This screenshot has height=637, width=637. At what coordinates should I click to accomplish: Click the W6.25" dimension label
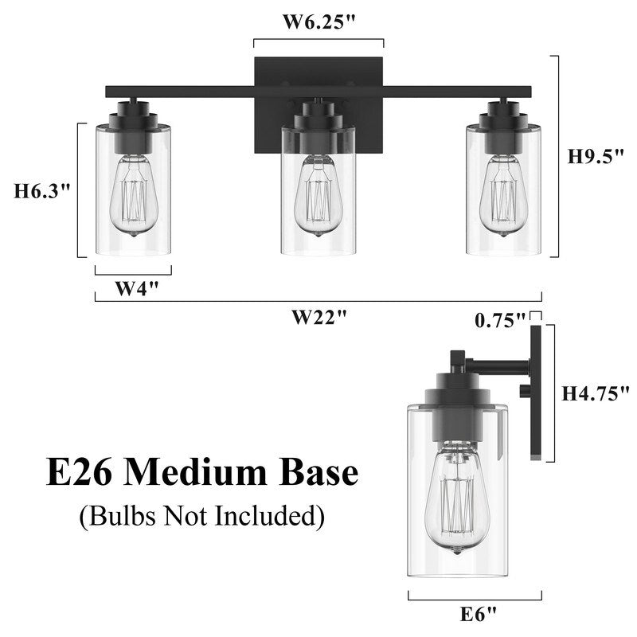click(318, 22)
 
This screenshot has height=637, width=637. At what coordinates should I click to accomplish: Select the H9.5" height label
click(594, 157)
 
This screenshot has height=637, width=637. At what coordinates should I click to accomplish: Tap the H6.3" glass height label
click(43, 191)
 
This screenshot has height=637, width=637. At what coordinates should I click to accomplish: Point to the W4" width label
click(133, 288)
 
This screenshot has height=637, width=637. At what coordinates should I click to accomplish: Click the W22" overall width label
click(318, 317)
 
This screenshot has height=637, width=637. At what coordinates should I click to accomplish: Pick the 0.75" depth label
click(499, 319)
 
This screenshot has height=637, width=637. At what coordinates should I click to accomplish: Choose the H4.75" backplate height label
click(590, 393)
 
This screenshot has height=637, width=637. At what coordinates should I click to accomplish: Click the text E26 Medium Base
click(201, 474)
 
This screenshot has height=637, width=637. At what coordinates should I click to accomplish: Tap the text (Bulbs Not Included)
click(201, 516)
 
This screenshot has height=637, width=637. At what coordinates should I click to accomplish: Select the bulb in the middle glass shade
click(318, 197)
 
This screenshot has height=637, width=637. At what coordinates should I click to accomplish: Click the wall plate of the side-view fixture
click(537, 390)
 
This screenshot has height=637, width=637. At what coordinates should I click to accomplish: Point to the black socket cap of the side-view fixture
click(456, 414)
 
